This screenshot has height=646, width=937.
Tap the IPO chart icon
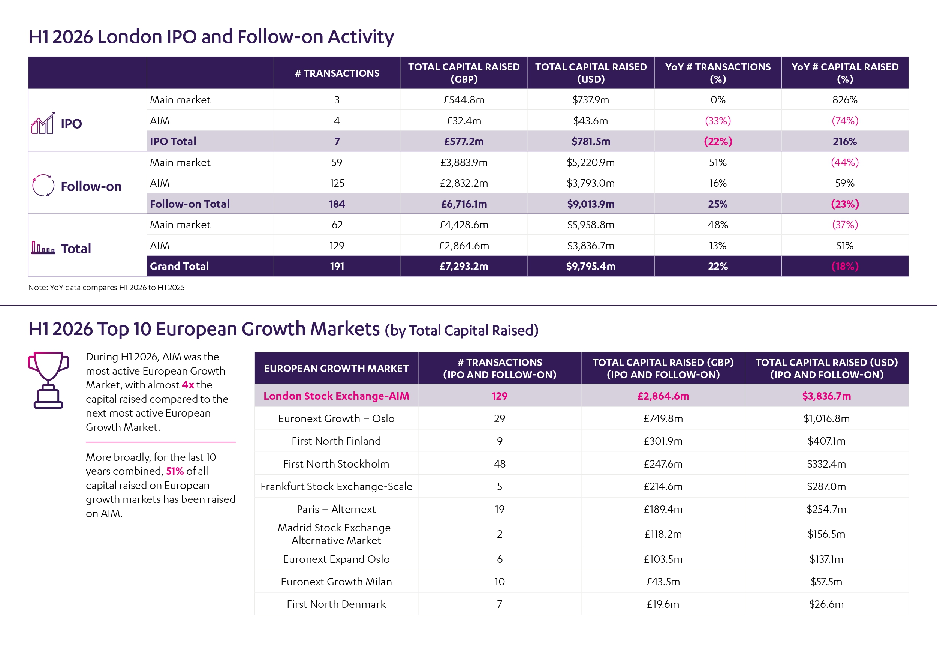tap(43, 123)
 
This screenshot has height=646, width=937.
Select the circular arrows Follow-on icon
tap(43, 185)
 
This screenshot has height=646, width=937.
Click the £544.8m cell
tap(464, 100)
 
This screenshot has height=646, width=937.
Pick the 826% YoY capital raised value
tap(845, 100)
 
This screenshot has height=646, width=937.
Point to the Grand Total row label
tap(179, 266)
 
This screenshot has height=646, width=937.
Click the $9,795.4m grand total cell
tap(591, 266)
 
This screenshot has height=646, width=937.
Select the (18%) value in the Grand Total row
tap(845, 266)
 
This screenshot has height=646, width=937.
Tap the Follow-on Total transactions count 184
tap(337, 204)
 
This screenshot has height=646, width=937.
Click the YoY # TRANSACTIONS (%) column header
tap(718, 73)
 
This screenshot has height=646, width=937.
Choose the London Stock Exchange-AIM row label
tap(336, 396)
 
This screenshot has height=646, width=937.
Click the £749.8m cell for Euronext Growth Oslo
tap(663, 418)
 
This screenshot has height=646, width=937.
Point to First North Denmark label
tap(336, 604)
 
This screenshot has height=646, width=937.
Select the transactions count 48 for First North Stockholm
tap(500, 463)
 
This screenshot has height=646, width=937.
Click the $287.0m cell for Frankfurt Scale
tap(826, 486)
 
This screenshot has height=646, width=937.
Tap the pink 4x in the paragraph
tap(188, 385)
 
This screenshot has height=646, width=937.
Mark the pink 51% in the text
tap(175, 471)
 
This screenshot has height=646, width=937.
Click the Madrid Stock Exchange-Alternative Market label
tap(336, 534)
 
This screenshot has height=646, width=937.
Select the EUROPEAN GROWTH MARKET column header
tap(336, 368)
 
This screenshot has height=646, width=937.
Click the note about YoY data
tap(106, 287)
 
